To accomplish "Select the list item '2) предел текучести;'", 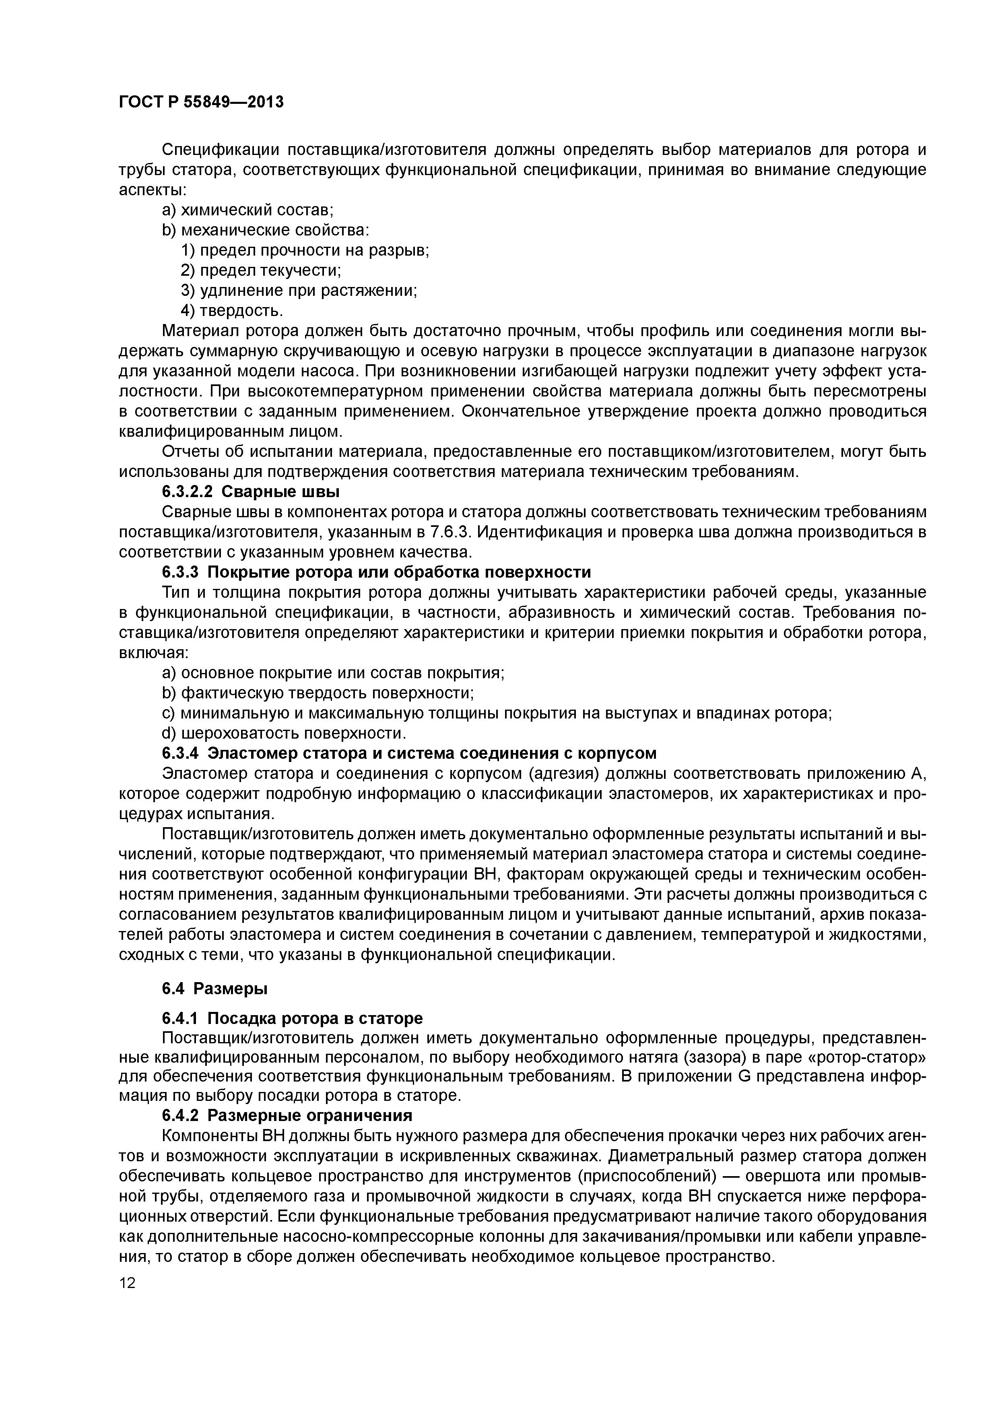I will (261, 270).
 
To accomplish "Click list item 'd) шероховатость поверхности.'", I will (284, 733).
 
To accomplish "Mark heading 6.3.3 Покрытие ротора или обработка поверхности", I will (376, 572).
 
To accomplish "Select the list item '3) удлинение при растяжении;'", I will (299, 290).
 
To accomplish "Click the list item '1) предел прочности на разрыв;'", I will (305, 250).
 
